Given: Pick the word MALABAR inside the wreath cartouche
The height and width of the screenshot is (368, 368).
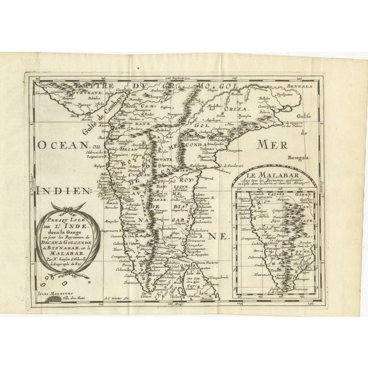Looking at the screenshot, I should pos(59,247).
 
